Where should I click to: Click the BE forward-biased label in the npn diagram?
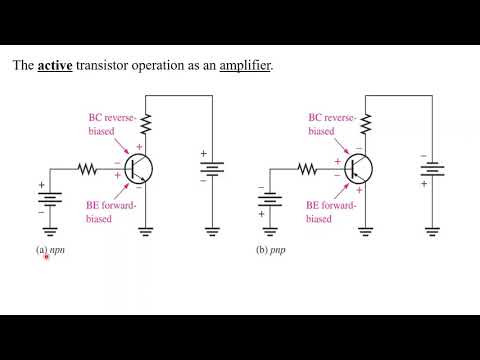(107, 212)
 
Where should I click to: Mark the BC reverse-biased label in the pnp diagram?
(329, 125)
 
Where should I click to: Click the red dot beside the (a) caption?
(46, 257)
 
